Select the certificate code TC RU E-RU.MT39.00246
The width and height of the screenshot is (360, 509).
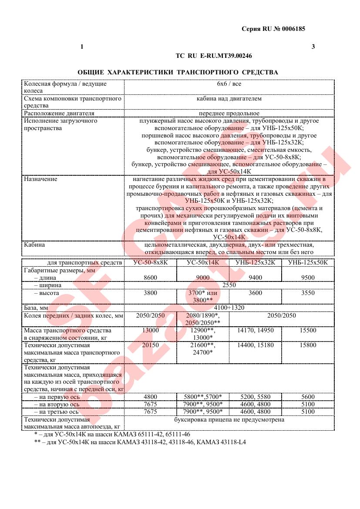(x=214, y=56)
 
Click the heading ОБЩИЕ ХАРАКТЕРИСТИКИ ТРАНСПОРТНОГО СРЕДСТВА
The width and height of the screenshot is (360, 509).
(x=178, y=72)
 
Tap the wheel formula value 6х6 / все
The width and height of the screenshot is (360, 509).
(x=229, y=84)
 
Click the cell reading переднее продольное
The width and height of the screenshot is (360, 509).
(x=229, y=114)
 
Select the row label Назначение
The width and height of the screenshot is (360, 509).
(x=40, y=179)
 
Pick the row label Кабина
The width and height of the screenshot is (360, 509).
(x=34, y=244)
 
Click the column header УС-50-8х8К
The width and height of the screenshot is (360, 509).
(x=150, y=262)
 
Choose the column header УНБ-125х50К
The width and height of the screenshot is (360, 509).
(x=308, y=262)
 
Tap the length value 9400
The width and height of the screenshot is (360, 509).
(x=255, y=277)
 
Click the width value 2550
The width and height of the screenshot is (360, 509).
(x=229, y=285)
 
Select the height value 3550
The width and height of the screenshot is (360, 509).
(x=308, y=293)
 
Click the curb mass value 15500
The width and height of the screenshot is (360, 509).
(x=308, y=331)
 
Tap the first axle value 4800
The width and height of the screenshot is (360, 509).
(x=150, y=397)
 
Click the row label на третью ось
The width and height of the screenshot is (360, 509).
(x=56, y=412)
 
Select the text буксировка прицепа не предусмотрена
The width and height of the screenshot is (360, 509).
(x=229, y=420)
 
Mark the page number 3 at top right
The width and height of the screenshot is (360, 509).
(x=313, y=47)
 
